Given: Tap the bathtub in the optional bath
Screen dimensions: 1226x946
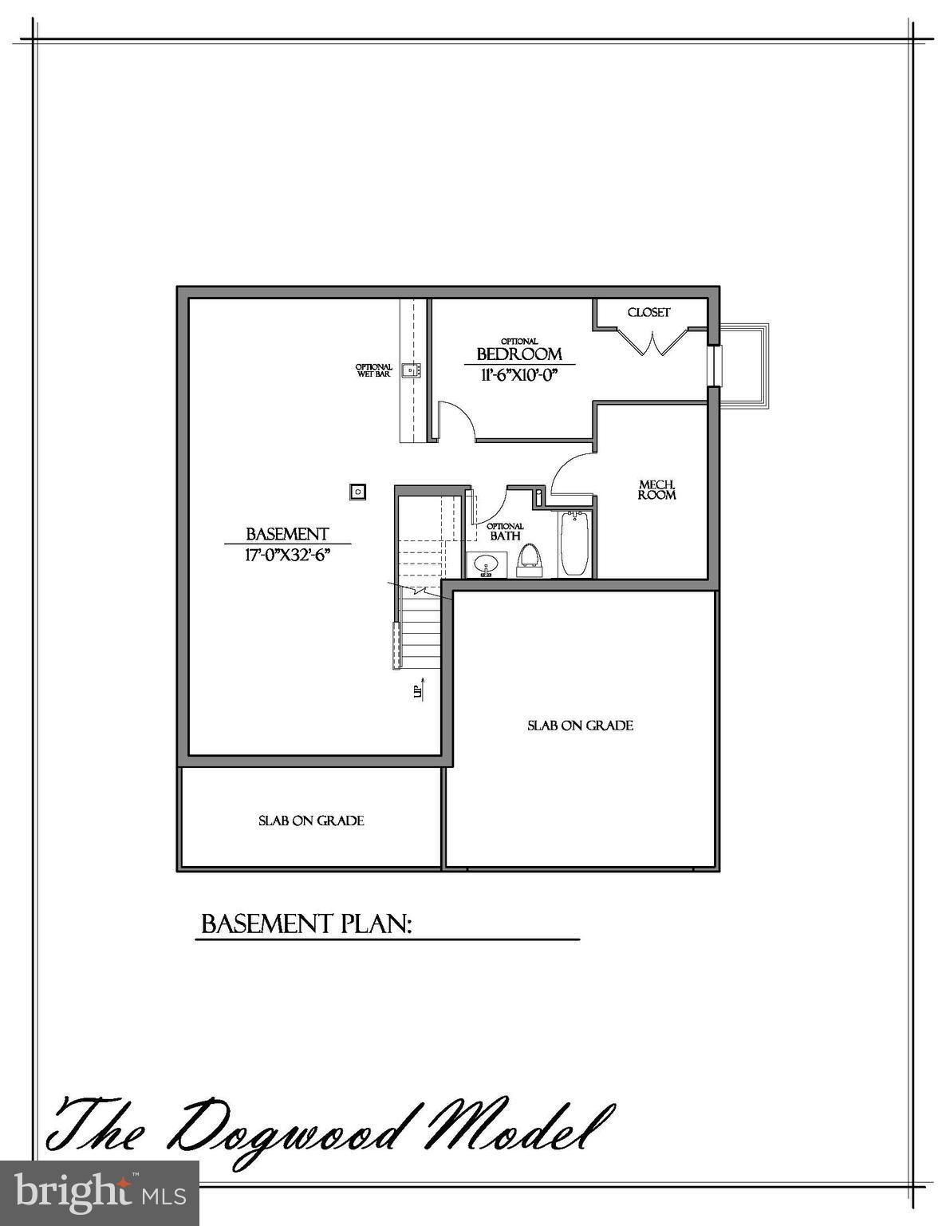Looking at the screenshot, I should (574, 544).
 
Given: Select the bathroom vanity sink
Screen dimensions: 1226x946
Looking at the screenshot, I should (483, 566).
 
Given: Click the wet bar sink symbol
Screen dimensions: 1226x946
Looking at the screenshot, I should (412, 370).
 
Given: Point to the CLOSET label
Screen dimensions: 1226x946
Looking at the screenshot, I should (648, 312).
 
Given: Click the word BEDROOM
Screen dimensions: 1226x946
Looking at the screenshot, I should (519, 354).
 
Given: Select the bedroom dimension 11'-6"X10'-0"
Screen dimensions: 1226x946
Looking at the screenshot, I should (518, 374).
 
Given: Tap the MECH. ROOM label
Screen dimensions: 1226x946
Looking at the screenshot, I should (657, 489).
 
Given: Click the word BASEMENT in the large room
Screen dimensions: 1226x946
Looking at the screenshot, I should (287, 534).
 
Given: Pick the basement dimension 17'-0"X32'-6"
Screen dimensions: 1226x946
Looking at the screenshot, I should (287, 554).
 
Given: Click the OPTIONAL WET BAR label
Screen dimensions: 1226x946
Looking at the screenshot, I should (373, 370).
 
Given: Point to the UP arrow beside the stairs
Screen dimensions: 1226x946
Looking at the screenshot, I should (419, 689).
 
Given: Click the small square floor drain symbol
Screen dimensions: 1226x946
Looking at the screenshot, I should (358, 491).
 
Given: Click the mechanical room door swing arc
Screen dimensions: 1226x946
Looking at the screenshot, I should (568, 469).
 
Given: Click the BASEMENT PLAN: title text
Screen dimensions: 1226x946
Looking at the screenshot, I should (306, 924).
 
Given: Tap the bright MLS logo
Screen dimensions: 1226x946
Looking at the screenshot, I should (100, 1192).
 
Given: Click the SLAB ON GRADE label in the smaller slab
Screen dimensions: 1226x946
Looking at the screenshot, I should (311, 821).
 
